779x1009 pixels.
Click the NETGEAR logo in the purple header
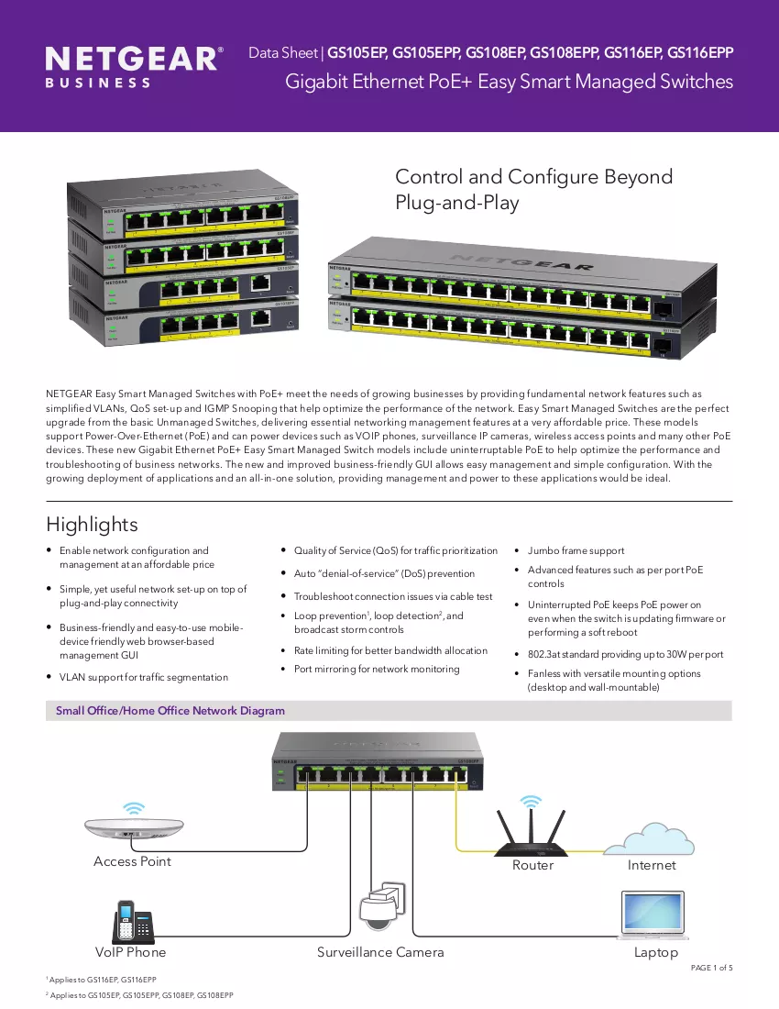pos(135,66)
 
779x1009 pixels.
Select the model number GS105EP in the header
pos(357,53)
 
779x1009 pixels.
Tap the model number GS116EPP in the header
pos(700,53)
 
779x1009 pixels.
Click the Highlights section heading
pos(92,525)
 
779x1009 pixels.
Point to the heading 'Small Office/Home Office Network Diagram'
pos(170,710)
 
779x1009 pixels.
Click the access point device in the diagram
pos(134,826)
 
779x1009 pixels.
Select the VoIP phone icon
pos(134,922)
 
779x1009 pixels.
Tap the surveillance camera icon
pos(383,906)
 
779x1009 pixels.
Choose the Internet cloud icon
pos(649,838)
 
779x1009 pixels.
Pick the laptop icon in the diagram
pos(653,915)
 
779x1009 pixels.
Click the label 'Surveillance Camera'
pos(380,952)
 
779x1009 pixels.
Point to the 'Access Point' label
pos(132,861)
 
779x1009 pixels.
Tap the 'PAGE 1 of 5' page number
pos(711,968)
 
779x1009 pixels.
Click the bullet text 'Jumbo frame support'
pos(576,551)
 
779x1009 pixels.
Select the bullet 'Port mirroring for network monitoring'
pos(377,670)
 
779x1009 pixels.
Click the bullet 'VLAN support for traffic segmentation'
pos(144,677)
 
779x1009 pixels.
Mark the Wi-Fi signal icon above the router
pos(531,801)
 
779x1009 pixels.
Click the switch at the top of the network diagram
pos(378,761)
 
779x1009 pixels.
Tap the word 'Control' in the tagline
pos(429,176)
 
